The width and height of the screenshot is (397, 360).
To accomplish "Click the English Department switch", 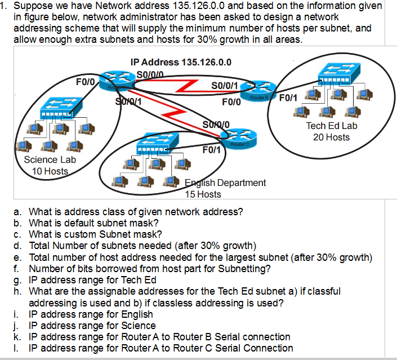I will coord(160,143).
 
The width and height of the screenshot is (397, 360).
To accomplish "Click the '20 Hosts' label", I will coord(331,137).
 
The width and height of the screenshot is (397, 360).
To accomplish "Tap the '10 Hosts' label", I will coord(50,171).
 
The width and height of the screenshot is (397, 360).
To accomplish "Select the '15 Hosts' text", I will coord(203,194).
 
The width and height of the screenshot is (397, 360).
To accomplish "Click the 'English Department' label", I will coord(225,183).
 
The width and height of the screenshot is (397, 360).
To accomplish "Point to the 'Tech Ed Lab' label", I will coord(332,126).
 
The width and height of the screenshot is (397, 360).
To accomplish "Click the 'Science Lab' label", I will coord(50,159).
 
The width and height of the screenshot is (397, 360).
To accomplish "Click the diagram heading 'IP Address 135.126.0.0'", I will coord(180,62).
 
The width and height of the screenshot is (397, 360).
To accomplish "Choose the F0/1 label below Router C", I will coord(212,150).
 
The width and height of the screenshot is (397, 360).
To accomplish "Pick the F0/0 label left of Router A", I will coord(85,82).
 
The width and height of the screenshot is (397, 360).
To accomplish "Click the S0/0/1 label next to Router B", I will coord(226,86).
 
